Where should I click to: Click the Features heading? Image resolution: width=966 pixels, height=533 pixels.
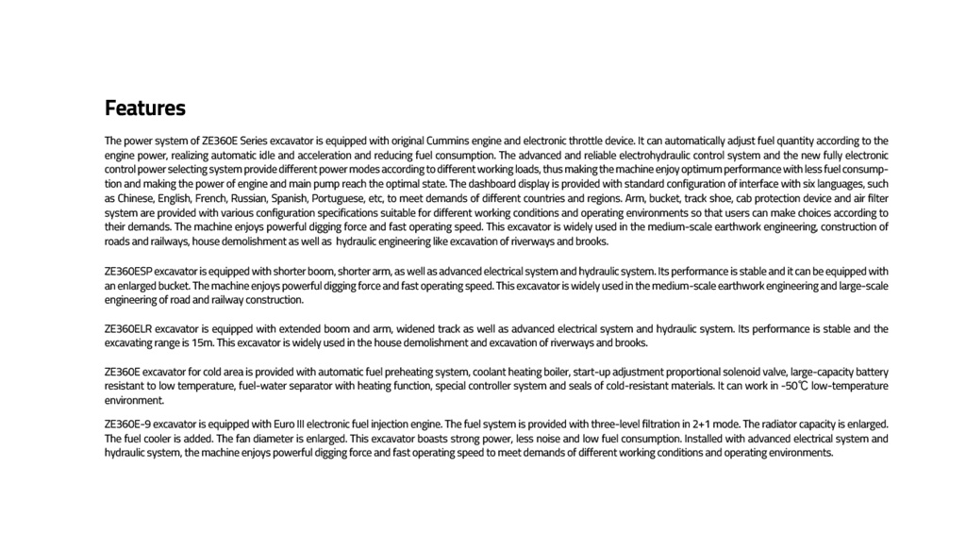click(144, 108)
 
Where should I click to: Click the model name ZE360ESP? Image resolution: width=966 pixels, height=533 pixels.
click(128, 272)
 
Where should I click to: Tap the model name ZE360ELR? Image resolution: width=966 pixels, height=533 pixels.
click(128, 329)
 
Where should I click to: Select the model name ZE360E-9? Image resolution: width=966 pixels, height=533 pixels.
click(127, 425)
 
